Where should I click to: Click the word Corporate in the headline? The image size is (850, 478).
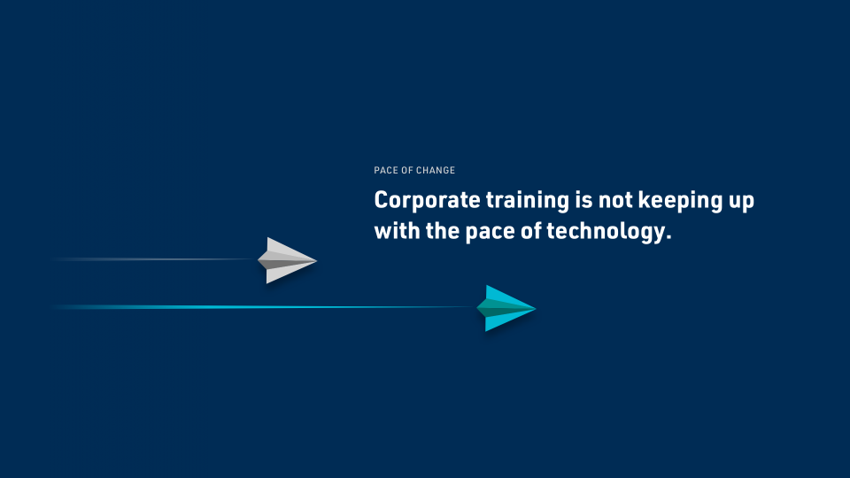point(427,201)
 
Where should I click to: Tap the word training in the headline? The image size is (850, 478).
point(528,201)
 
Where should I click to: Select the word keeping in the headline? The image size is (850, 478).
point(680,201)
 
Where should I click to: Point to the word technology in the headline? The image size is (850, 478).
point(609,231)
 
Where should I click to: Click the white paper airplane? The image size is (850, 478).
point(287,260)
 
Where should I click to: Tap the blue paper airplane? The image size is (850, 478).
point(506,308)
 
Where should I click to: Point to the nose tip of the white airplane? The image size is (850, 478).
point(317,260)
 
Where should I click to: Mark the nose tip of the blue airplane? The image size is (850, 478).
point(536,308)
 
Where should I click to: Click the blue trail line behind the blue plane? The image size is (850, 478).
point(265,307)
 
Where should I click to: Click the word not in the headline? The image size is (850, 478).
point(615,201)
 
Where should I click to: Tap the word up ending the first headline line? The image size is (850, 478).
point(741,202)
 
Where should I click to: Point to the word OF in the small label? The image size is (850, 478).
point(406,170)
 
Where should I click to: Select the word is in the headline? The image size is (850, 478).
point(583,201)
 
